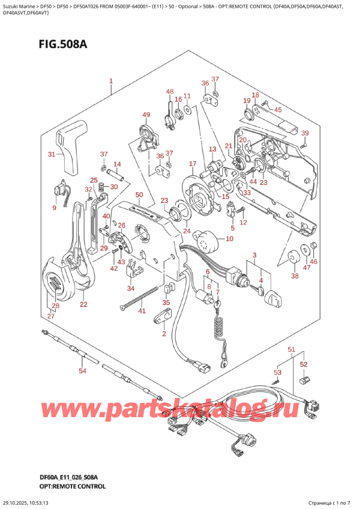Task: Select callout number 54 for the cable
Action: [82, 371]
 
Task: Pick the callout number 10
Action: [229, 239]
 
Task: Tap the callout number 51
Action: [292, 349]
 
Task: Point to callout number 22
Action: [83, 304]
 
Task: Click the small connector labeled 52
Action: [304, 379]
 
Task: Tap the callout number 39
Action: [305, 133]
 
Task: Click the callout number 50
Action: [139, 194]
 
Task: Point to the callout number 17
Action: [192, 163]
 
